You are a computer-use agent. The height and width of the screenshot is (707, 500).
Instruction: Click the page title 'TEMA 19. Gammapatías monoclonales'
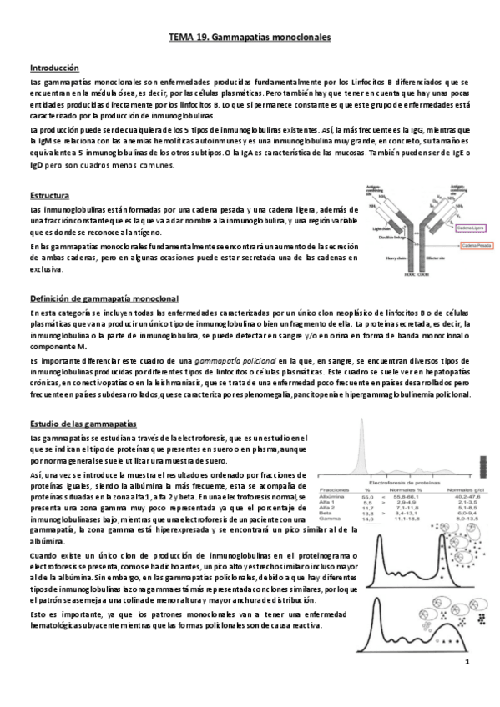pos(250,38)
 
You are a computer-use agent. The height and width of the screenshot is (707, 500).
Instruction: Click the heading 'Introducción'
pos(54,68)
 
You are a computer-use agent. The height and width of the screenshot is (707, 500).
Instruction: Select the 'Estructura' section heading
pos(50,195)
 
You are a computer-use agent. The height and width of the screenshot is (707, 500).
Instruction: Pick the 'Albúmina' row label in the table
pos(335,496)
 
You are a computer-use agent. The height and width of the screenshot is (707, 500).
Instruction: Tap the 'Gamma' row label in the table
pos(331,519)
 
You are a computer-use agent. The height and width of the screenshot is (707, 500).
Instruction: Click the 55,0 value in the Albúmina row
pos(368,496)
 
